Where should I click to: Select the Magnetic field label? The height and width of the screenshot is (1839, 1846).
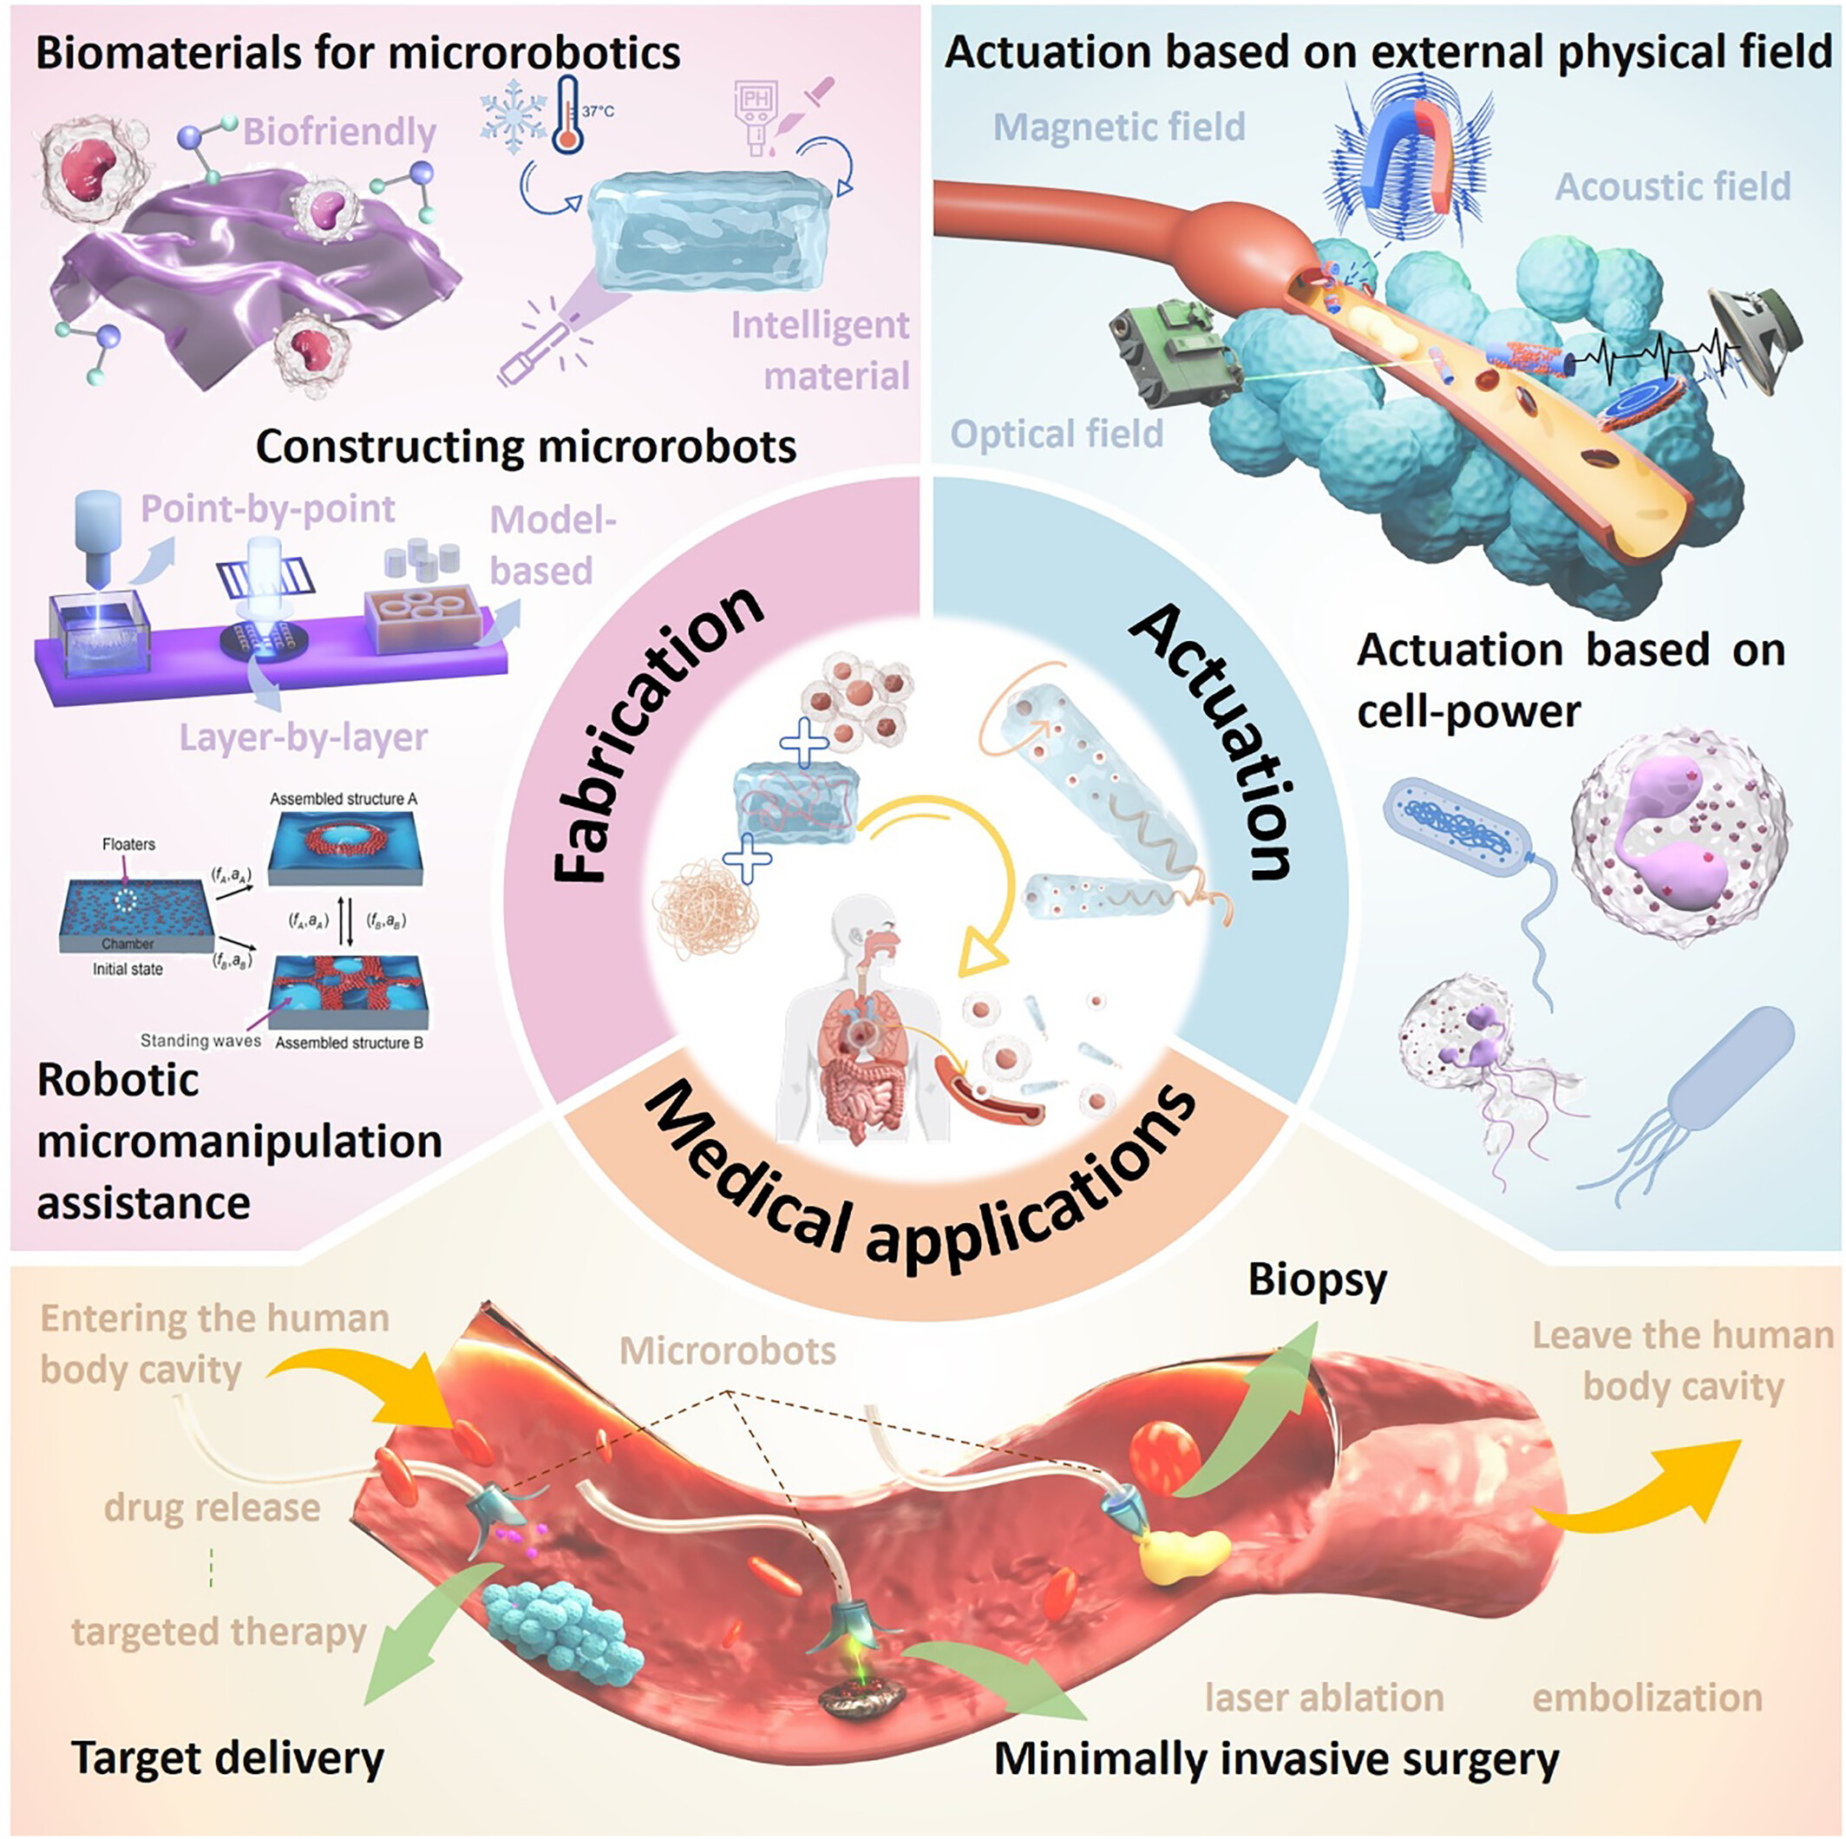click(1119, 127)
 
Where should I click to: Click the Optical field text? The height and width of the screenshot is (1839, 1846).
click(1057, 435)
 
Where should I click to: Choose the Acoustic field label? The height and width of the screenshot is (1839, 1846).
click(1673, 187)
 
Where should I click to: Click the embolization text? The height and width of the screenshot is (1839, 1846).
click(1647, 1698)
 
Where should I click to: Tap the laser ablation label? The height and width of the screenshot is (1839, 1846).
click(1324, 1698)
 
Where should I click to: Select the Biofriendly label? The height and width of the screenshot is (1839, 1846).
click(339, 132)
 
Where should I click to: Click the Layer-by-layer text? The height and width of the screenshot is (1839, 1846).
click(303, 737)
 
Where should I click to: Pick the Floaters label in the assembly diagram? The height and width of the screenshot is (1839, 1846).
click(128, 845)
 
